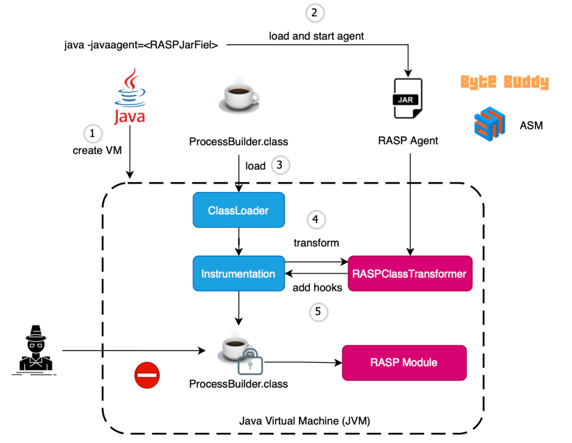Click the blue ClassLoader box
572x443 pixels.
(x=239, y=210)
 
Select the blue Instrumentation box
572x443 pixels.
(x=239, y=273)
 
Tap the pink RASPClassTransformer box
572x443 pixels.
(x=410, y=273)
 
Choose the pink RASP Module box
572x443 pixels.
(x=404, y=362)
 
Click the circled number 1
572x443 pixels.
(x=93, y=134)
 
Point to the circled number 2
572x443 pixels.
(x=315, y=13)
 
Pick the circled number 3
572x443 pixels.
(x=280, y=165)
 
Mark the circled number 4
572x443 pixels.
(x=316, y=219)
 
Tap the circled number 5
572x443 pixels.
(x=318, y=312)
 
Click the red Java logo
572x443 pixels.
(x=130, y=97)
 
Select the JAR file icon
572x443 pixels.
(x=407, y=98)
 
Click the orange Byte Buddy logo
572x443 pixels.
(x=505, y=82)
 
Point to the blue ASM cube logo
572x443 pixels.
(x=489, y=123)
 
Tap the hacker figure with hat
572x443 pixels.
(x=36, y=349)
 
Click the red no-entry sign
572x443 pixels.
(x=147, y=375)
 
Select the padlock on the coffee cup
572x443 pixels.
(x=250, y=362)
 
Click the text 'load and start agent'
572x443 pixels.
(x=316, y=36)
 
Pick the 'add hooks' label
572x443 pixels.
(x=317, y=288)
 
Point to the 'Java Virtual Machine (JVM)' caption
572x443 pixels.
(x=304, y=421)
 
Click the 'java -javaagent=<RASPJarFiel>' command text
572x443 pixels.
(x=141, y=45)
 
